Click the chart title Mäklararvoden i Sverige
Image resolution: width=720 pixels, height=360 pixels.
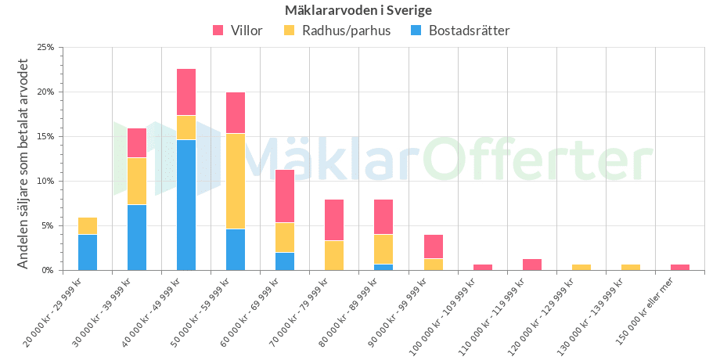[359, 10]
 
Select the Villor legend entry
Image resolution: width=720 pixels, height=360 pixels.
[238, 31]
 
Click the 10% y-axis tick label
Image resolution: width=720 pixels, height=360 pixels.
[46, 181]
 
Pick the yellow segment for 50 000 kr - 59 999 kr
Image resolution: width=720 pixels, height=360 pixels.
[236, 182]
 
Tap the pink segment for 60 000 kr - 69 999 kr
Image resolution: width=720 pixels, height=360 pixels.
[285, 196]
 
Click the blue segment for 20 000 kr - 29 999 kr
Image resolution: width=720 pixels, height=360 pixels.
[88, 252]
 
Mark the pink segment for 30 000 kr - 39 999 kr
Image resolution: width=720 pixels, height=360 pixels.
[137, 142]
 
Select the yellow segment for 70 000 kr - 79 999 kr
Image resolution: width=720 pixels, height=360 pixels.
[334, 255]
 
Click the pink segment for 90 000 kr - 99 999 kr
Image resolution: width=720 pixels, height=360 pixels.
[433, 247]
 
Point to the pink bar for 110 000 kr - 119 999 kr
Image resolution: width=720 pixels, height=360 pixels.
[532, 265]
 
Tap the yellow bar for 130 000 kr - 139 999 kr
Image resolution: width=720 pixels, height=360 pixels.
[631, 267]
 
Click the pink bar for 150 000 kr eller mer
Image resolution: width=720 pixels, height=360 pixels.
[680, 267]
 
